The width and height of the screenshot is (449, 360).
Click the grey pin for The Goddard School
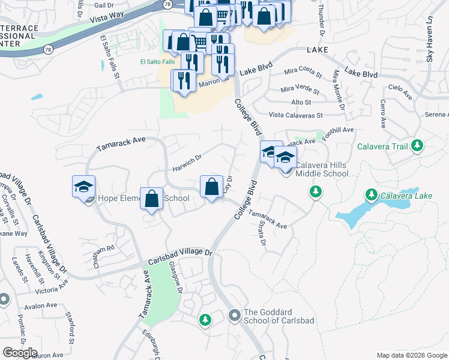(235, 314)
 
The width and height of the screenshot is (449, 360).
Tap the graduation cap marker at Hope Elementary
(84, 186)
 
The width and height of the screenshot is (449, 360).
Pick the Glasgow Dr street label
(175, 277)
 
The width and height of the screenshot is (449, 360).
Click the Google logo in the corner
(20, 353)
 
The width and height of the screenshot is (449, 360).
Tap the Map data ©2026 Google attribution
(411, 355)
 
